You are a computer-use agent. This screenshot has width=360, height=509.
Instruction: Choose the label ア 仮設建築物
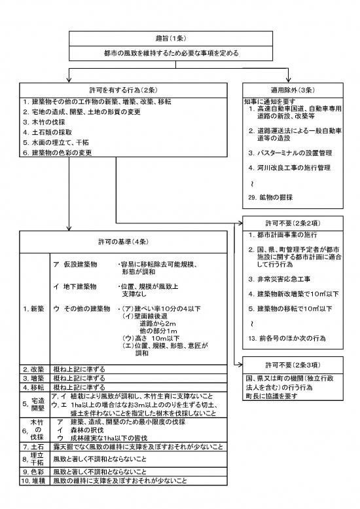(x=75, y=263)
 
